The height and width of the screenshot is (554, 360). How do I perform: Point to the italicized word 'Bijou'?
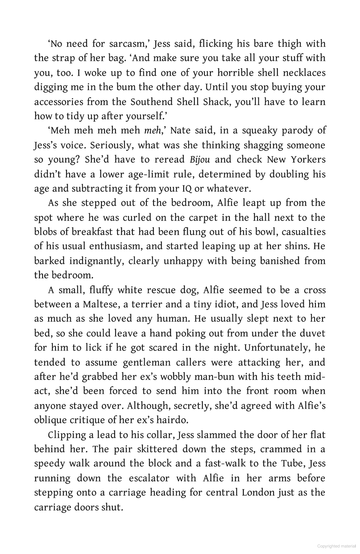coord(199,160)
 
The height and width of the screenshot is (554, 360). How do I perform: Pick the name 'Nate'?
coord(181,131)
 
